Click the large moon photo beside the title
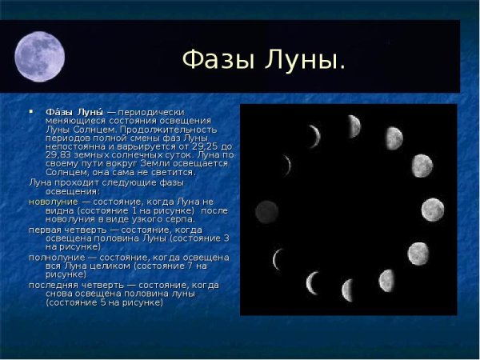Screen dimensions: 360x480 pos(39,57)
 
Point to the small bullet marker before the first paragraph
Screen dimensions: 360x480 pos(31,111)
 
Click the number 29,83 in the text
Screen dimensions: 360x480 pos(61,154)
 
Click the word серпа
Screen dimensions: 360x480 pos(178,219)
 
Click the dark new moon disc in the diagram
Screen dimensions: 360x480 pos(266,212)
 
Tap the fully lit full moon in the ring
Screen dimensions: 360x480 pos(433,210)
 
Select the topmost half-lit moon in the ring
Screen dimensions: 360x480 pos(353,126)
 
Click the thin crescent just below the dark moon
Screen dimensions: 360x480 pos(278,258)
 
